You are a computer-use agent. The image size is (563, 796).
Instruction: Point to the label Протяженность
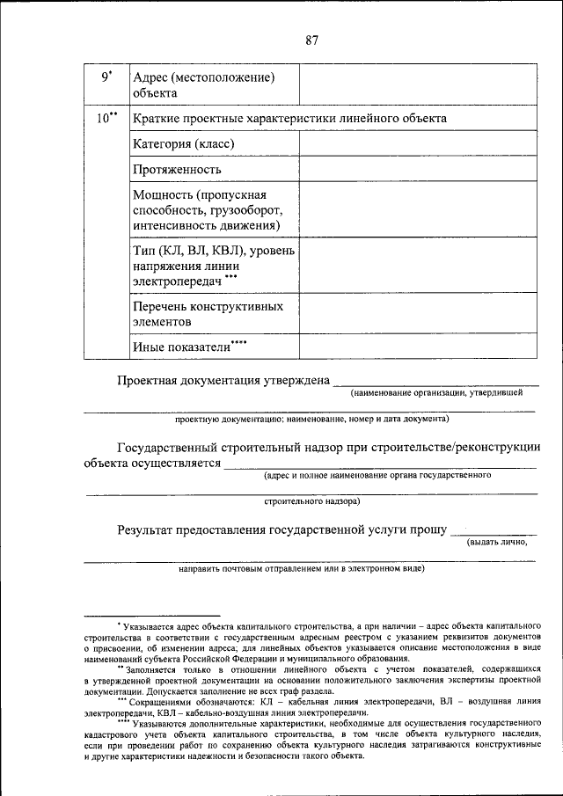click(177, 169)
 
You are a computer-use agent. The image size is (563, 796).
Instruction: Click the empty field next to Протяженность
click(417, 168)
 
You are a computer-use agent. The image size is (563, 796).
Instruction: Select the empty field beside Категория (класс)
click(417, 142)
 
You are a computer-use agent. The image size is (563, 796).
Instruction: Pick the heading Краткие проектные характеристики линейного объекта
click(289, 118)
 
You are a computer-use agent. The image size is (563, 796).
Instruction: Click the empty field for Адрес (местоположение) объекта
click(417, 84)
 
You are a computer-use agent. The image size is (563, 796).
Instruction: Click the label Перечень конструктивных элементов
click(208, 314)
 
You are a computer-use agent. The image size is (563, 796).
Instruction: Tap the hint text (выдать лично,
click(497, 541)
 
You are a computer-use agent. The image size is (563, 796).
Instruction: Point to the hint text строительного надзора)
click(311, 502)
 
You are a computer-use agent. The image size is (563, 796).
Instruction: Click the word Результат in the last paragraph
click(146, 529)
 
